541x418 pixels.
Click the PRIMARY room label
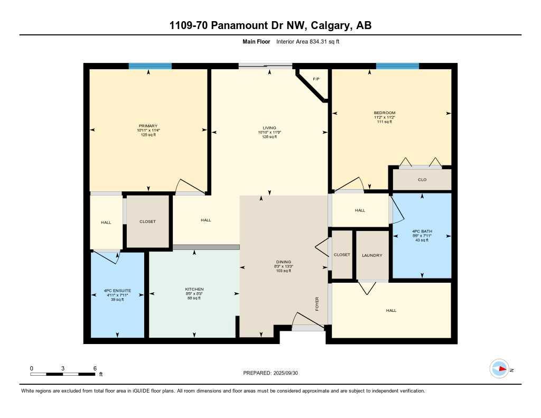point(148,126)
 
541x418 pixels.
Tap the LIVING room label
point(269,128)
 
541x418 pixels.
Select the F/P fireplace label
point(316,79)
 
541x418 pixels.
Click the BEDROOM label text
point(384,113)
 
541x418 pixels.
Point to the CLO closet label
point(422,180)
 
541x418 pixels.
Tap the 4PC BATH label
point(422,231)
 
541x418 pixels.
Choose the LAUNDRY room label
point(372,255)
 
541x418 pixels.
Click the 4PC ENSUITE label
point(117,291)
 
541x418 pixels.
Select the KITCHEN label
point(194,289)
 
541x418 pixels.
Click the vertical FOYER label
point(317,304)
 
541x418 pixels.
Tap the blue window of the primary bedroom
point(150,66)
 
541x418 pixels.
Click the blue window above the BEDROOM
point(397,66)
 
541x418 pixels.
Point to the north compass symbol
point(499,369)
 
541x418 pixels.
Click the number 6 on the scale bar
point(95,368)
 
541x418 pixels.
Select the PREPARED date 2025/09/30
point(287,373)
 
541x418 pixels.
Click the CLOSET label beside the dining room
point(342,255)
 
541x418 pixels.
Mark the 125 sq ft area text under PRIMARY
point(148,135)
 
